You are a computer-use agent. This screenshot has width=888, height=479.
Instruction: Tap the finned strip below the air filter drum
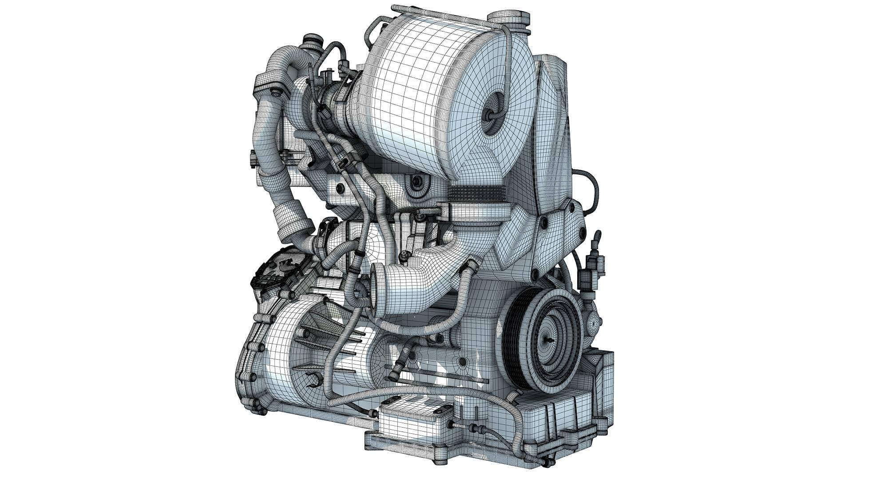pos(471,193)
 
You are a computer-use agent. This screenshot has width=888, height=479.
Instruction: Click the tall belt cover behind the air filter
pos(551,129)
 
